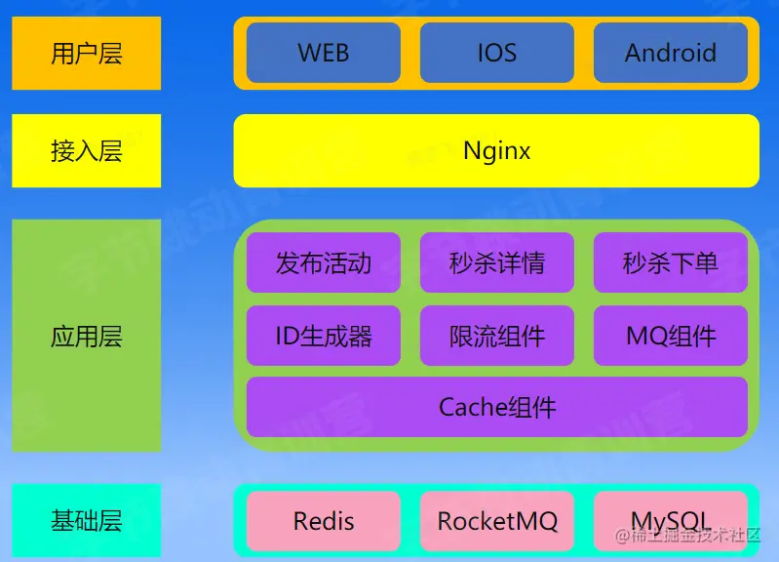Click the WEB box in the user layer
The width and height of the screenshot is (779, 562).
[323, 53]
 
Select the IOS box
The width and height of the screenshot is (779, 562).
[496, 53]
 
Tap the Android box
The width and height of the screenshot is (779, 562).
[670, 53]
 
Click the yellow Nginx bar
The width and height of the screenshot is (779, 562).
[496, 151]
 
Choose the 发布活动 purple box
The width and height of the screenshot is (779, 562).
[323, 262]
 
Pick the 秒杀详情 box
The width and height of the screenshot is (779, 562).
[496, 262]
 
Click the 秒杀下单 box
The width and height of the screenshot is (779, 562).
[670, 262]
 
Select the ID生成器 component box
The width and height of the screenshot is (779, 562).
[323, 337]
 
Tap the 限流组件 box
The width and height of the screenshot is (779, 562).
[496, 337]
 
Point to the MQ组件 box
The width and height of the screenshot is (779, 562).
[670, 337]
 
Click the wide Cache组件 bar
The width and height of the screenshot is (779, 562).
[496, 407]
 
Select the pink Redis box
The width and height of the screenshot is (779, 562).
[323, 521]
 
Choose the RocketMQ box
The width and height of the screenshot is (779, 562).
[496, 521]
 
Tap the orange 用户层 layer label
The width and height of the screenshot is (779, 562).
[86, 53]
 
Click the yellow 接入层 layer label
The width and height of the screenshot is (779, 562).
[86, 151]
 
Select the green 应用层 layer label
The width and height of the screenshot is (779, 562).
[86, 337]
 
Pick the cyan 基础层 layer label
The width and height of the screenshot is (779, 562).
[86, 521]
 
